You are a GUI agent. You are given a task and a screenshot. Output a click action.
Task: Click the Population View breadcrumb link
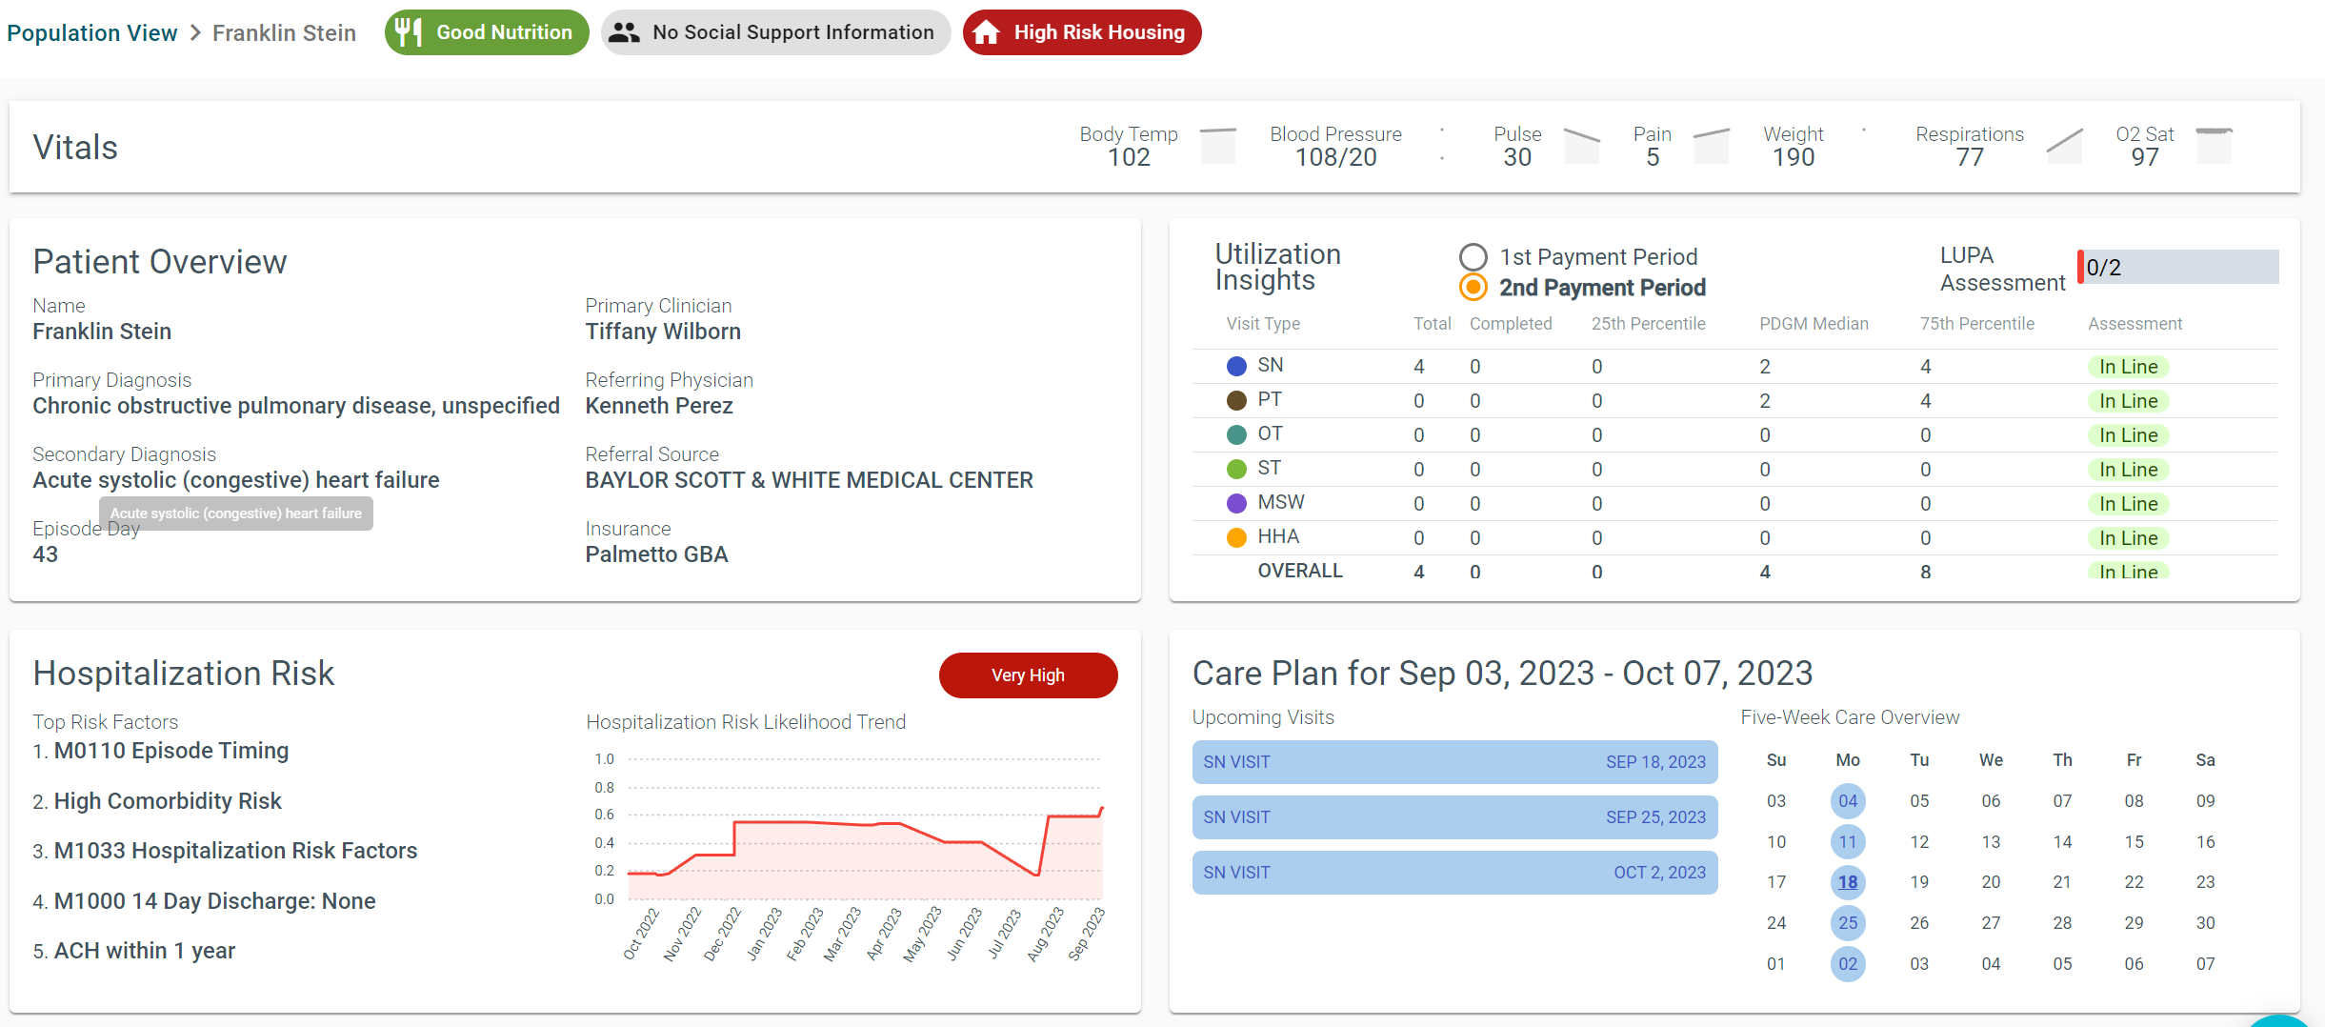pos(91,33)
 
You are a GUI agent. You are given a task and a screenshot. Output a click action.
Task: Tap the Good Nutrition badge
pos(487,32)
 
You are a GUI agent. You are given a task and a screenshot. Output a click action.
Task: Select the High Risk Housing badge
pos(1082,32)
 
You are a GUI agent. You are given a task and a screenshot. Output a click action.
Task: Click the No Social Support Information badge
pos(775,32)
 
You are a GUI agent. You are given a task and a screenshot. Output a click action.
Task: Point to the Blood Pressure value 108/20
pos(1335,158)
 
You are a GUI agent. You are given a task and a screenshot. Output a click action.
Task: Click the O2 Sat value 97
pos(2145,158)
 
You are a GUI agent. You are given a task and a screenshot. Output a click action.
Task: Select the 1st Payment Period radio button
pos(1473,257)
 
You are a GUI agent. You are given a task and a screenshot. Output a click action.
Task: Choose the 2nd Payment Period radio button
pos(1473,287)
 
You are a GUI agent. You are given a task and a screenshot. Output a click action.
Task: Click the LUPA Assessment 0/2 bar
pos(2178,268)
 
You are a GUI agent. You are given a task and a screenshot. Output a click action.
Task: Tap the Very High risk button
pos(1028,675)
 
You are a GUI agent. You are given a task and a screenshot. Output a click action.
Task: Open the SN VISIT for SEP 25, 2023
pos(1454,817)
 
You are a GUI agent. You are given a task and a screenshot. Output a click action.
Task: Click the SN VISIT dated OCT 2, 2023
pos(1454,873)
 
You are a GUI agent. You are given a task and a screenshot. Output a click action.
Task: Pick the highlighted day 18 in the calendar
pos(1848,882)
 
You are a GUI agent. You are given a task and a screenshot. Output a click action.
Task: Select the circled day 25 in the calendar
pos(1848,923)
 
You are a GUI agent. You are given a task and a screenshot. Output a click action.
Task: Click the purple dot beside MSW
pos(1236,503)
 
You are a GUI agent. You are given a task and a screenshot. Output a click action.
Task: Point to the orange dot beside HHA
pos(1236,537)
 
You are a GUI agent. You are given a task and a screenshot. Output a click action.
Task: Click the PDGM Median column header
pos(1814,324)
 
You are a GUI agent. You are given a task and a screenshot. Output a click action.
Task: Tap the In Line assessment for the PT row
pos(2128,401)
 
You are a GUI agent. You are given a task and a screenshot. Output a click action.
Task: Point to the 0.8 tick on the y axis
pos(605,788)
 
